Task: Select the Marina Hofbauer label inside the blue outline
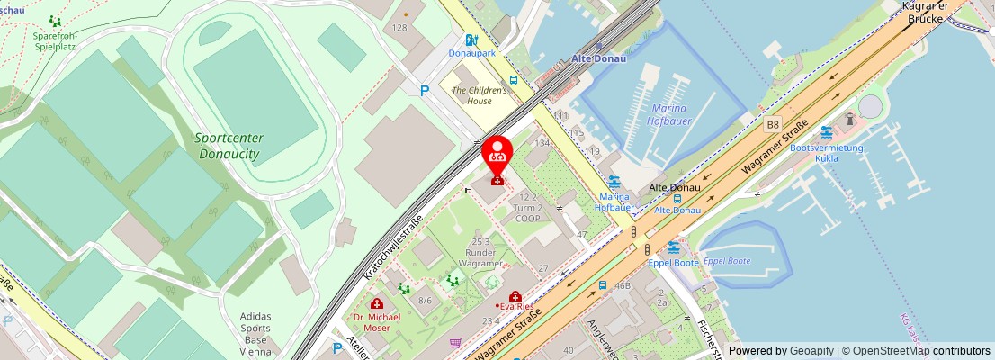(x=668, y=114)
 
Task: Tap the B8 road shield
(x=772, y=125)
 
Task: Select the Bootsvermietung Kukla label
(x=826, y=153)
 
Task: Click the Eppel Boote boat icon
(x=673, y=247)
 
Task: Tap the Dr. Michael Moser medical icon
(x=376, y=303)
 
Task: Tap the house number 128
(x=399, y=28)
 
